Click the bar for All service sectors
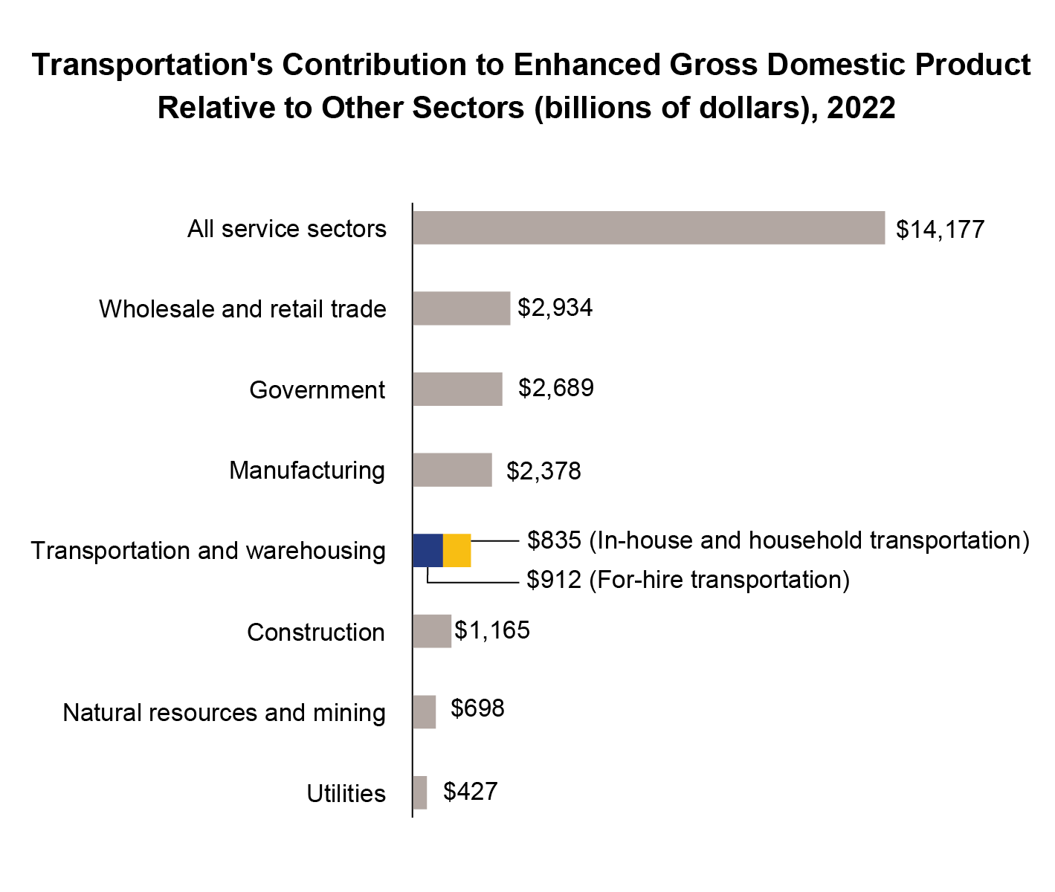point(648,228)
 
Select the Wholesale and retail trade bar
point(461,308)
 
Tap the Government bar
point(457,390)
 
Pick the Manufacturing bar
point(452,470)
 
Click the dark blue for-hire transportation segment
point(428,551)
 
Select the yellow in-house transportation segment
point(457,551)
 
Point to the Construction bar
point(432,631)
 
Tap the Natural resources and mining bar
point(424,712)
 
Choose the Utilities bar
point(419,792)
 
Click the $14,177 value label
point(940,230)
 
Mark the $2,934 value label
point(555,308)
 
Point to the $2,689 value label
point(555,388)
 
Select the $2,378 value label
point(543,471)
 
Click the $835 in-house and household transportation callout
point(778,540)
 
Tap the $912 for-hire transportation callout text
point(688,580)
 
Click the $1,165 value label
point(492,630)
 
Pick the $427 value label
point(470,792)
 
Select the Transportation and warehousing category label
point(208,551)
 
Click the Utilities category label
point(346,794)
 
